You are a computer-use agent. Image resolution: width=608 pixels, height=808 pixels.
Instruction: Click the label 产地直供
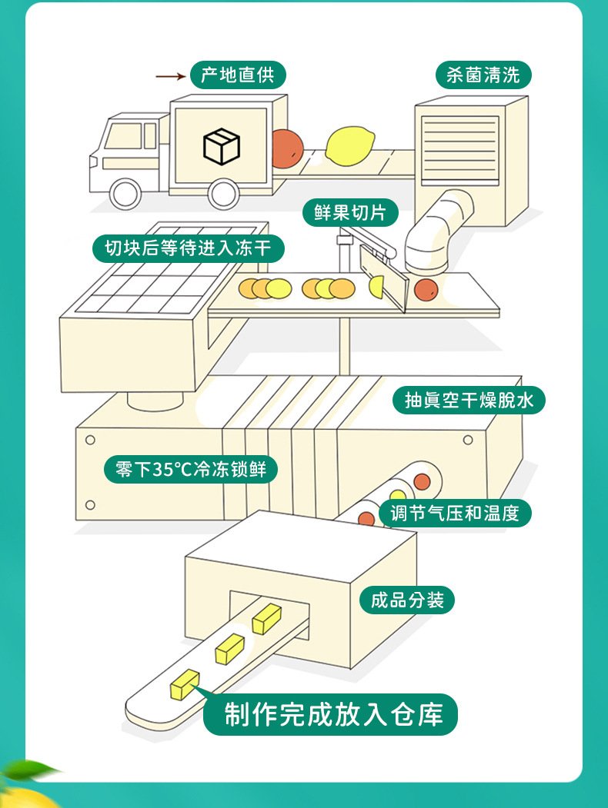click(x=238, y=75)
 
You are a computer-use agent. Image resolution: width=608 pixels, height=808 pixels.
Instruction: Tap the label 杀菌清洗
click(x=483, y=75)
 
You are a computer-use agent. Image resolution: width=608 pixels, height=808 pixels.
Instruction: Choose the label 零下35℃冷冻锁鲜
click(x=189, y=469)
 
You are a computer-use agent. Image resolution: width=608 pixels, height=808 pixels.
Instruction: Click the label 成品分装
click(x=407, y=600)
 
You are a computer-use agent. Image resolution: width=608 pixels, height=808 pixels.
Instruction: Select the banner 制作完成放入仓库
click(x=334, y=714)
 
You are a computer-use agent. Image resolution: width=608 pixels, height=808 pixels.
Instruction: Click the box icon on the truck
click(x=222, y=145)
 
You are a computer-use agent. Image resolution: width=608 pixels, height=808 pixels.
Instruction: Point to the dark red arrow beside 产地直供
click(x=171, y=76)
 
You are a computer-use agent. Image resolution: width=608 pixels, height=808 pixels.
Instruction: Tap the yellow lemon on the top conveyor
click(x=349, y=145)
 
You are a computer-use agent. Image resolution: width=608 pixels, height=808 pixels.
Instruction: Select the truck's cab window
click(x=123, y=136)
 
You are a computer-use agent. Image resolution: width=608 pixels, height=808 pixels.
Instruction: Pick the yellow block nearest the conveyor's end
click(x=185, y=684)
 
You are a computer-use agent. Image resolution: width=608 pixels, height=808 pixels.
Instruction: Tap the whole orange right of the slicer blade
click(x=425, y=290)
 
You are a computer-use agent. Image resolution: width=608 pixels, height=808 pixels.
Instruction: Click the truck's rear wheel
click(x=222, y=194)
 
